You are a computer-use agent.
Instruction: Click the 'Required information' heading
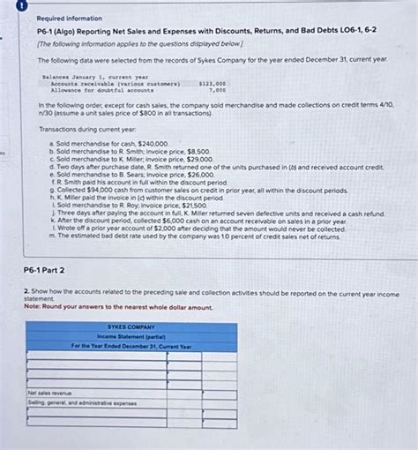[70, 18]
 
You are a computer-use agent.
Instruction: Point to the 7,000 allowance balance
[217, 90]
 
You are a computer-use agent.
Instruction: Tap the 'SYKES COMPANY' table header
[131, 326]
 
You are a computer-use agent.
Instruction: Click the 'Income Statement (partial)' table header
[131, 335]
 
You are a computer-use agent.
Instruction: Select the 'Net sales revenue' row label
[50, 393]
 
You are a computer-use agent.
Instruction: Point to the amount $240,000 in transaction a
[152, 143]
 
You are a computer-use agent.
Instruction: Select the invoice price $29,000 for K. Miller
[198, 159]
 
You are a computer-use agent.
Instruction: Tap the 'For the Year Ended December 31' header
[131, 346]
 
